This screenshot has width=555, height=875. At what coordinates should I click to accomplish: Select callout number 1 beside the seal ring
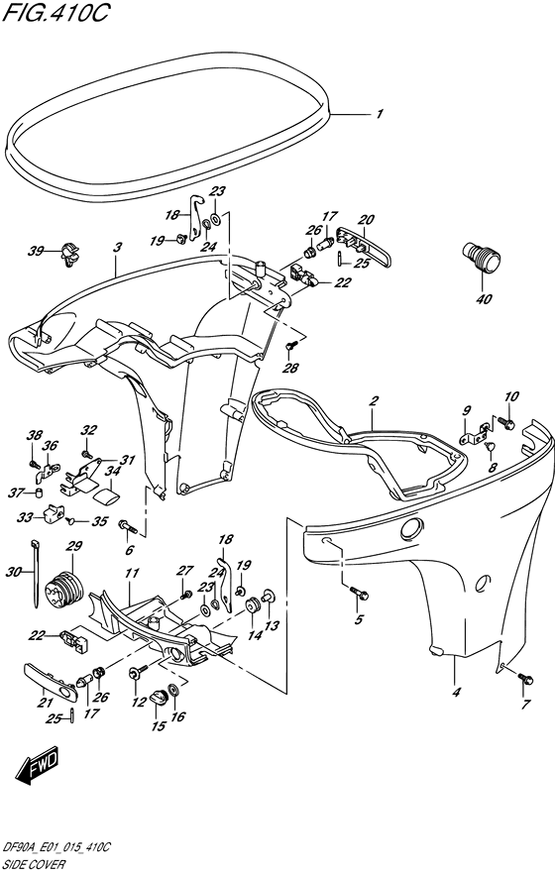380,114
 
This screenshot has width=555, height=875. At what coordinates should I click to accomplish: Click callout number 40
484,298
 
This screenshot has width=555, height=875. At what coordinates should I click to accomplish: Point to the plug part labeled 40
481,258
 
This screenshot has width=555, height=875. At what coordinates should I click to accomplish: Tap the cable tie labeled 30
35,573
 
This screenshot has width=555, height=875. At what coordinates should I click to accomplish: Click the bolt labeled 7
525,679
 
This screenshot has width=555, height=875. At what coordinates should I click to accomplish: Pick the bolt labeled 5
359,594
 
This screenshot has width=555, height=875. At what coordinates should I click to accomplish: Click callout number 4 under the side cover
457,693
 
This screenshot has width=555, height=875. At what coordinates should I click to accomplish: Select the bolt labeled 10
506,423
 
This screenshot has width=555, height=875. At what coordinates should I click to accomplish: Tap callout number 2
375,400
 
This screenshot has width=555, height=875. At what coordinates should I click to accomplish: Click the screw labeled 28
289,347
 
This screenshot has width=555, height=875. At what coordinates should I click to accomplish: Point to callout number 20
366,219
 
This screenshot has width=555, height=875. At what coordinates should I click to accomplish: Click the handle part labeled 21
51,678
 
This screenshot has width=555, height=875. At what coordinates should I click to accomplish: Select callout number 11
132,573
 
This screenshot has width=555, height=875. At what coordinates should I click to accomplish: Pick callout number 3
117,247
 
